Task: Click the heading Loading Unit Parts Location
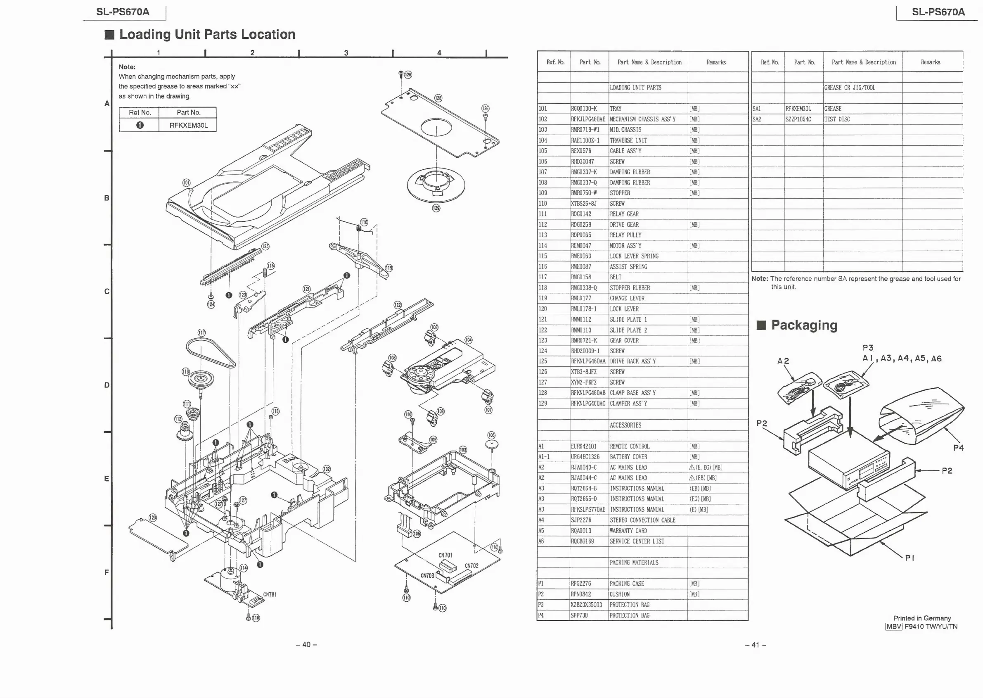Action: [207, 34]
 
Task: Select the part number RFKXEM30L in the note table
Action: [189, 125]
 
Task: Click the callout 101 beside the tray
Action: [186, 183]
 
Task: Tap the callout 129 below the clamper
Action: [436, 208]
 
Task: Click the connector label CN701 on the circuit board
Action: [445, 555]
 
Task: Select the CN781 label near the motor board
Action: [270, 594]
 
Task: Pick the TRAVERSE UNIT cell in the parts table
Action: [628, 140]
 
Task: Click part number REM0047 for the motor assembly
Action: [581, 246]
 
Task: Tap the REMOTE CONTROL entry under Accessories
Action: [630, 446]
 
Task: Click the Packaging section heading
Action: [804, 325]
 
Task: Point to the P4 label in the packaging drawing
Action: [959, 448]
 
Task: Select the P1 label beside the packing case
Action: [910, 558]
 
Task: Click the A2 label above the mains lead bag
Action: [783, 361]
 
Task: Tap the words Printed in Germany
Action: [922, 618]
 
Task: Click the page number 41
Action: [756, 645]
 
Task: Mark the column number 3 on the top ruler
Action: [346, 53]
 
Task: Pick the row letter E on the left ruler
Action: [107, 479]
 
